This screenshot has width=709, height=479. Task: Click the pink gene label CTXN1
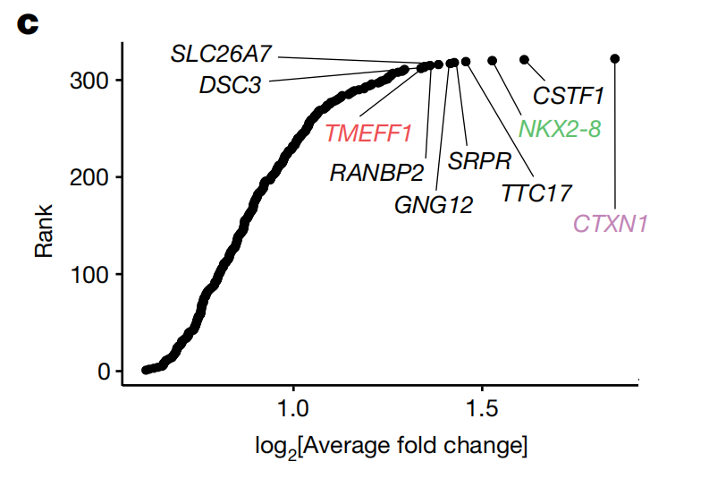click(x=611, y=223)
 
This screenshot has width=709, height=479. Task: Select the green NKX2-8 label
click(x=560, y=129)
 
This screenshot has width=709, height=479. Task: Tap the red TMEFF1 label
click(x=368, y=133)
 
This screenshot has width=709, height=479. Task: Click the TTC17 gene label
click(x=536, y=192)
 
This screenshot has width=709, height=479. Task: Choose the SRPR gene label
click(x=479, y=161)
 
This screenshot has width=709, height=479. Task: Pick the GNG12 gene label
click(x=434, y=205)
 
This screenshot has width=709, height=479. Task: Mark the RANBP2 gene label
click(x=376, y=172)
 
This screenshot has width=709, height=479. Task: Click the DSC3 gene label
click(x=230, y=86)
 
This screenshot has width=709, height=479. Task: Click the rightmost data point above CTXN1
click(x=615, y=59)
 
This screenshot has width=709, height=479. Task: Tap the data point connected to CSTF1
click(x=524, y=60)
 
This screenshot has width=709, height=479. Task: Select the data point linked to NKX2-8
click(x=492, y=61)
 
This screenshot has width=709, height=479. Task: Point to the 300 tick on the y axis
click(x=89, y=81)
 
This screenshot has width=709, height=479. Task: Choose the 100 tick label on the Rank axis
click(x=89, y=274)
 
